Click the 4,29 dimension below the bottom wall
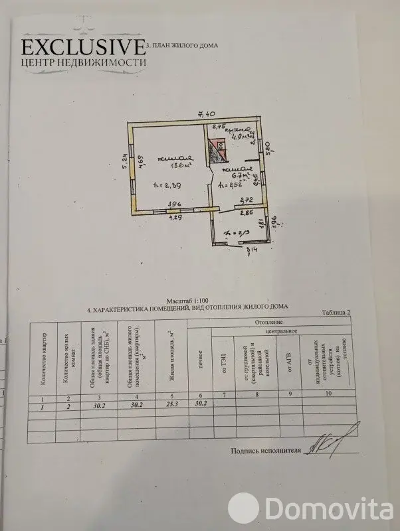(175, 217)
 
